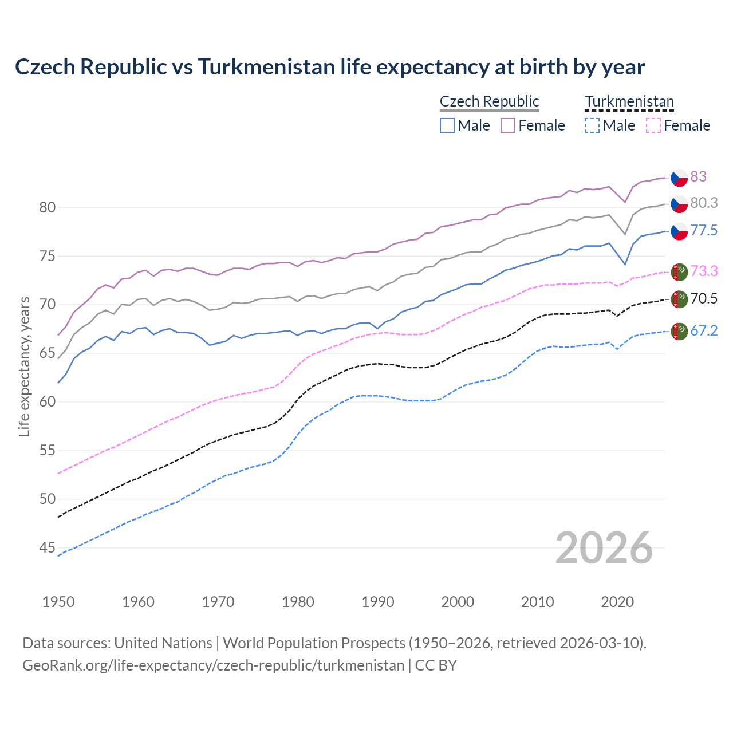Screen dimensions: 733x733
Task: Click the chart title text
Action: point(330,67)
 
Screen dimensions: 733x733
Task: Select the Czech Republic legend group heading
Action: point(489,101)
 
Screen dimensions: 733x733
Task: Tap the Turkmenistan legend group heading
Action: point(629,101)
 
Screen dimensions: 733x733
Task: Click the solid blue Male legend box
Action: point(447,125)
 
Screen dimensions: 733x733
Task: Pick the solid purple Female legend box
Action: point(508,125)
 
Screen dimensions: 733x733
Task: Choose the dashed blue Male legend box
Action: point(592,125)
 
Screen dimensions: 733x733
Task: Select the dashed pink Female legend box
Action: point(653,125)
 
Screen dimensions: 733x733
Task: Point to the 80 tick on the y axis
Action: point(47,207)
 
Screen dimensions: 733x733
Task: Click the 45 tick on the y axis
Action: point(47,548)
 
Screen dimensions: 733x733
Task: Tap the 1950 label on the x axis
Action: point(58,602)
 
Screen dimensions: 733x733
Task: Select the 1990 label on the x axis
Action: point(378,602)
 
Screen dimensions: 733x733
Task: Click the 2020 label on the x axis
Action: point(617,602)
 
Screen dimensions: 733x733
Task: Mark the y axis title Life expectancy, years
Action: point(24,366)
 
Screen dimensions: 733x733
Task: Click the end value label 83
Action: point(698,176)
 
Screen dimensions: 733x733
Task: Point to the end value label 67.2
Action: point(704,330)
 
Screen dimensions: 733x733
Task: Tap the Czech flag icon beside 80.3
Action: point(679,203)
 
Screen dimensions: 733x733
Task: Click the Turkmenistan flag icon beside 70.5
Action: point(679,299)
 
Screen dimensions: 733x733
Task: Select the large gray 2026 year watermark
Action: point(604,548)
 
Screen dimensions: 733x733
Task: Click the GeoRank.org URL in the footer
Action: point(213,665)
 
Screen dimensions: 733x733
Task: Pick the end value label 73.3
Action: point(704,271)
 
